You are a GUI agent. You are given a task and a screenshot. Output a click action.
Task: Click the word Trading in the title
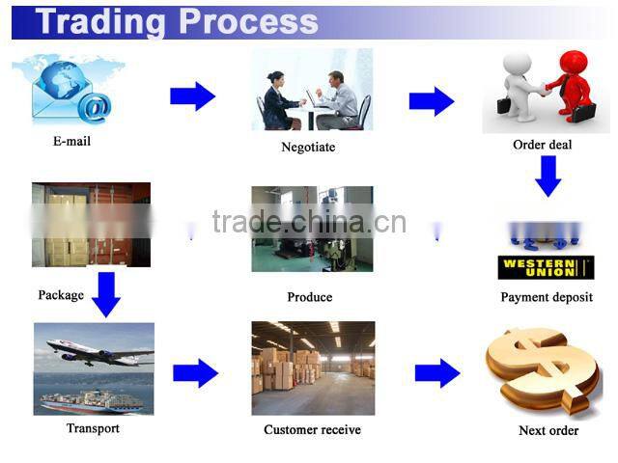click(100, 22)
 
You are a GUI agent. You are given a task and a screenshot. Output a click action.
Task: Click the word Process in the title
click(248, 21)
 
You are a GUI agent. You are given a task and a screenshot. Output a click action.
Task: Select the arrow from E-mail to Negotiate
click(193, 96)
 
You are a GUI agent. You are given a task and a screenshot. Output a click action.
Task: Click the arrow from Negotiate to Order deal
click(432, 101)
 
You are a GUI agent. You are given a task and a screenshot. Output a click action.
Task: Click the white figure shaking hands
click(520, 87)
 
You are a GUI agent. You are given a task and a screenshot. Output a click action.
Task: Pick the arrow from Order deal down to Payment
click(548, 176)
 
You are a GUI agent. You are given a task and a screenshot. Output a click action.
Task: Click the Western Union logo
click(546, 268)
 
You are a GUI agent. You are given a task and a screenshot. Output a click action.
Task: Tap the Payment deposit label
click(547, 297)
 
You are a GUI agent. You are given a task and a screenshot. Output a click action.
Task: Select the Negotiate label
click(308, 147)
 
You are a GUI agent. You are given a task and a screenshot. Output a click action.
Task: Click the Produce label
click(310, 297)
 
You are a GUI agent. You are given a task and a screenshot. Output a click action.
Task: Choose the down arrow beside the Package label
click(106, 294)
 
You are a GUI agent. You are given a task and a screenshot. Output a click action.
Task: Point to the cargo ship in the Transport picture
click(92, 401)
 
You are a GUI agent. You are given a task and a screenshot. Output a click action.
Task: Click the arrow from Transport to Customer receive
click(195, 373)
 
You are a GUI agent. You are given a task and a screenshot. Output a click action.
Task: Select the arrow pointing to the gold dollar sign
click(437, 373)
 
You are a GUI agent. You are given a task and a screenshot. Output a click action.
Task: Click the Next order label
click(548, 430)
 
